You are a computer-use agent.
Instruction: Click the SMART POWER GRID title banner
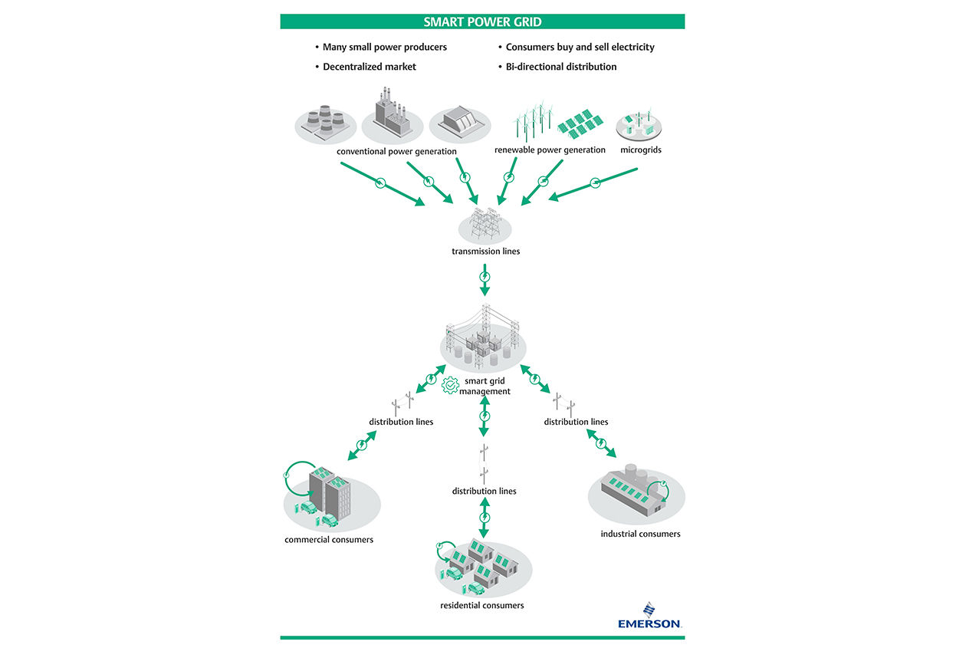(x=482, y=21)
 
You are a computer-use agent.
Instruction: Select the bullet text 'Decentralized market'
(x=369, y=67)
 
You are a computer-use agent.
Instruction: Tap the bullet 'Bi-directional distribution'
(x=560, y=67)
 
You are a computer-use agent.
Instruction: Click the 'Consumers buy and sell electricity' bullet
(x=580, y=47)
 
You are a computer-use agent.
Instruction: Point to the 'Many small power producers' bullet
(x=384, y=47)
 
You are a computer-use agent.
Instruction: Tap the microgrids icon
(x=639, y=125)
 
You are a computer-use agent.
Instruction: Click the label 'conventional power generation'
(x=396, y=151)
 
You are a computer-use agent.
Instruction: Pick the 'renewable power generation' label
(x=550, y=150)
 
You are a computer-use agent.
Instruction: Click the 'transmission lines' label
(x=485, y=251)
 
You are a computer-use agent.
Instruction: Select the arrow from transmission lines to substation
(x=484, y=281)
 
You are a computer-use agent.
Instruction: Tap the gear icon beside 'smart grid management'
(x=450, y=385)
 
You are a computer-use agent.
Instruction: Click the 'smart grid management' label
(x=485, y=386)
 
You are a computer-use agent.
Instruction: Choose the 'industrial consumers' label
(x=640, y=534)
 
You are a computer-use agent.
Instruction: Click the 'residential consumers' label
(x=482, y=605)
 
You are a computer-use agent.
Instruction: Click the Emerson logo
(x=649, y=616)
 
